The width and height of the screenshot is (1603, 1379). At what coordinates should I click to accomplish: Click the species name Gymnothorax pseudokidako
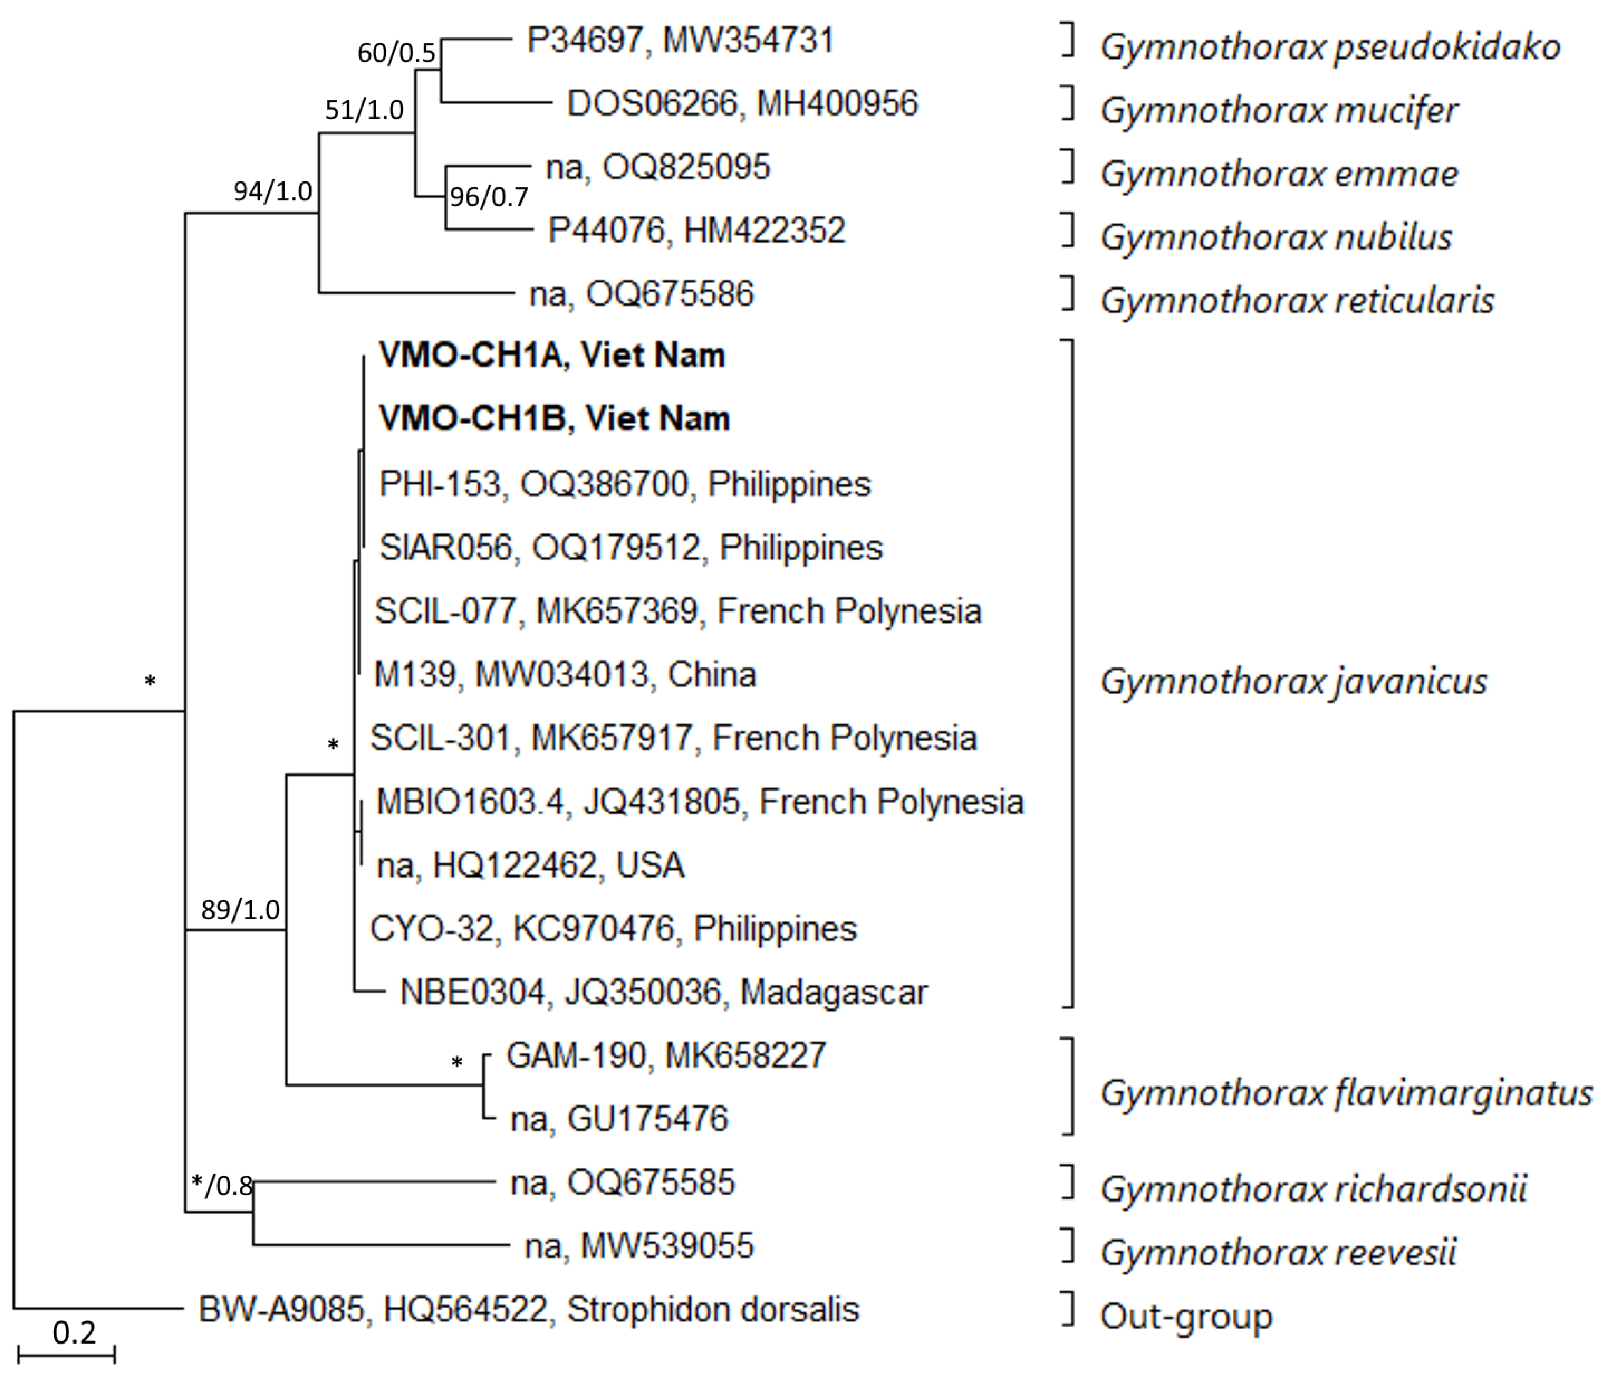click(1329, 48)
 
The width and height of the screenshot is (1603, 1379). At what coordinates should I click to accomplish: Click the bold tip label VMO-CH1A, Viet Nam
click(552, 355)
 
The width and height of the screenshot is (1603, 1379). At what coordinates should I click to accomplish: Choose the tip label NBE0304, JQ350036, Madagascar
click(663, 992)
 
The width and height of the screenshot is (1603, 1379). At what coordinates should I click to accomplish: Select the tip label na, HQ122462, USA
click(530, 865)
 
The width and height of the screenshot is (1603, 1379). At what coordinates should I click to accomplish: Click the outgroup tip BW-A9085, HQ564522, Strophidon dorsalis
click(528, 1309)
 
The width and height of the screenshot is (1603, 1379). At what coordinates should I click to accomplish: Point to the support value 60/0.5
click(396, 53)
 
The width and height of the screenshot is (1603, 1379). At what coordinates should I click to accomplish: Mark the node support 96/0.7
click(489, 197)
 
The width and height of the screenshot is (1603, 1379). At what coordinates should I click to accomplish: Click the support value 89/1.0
click(240, 909)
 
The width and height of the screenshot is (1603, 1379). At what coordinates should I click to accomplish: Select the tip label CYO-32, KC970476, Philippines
click(613, 929)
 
